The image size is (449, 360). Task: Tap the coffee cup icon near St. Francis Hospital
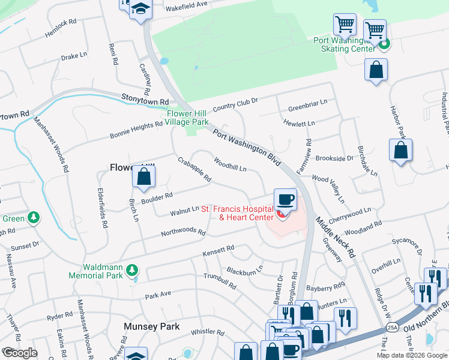tap(285, 199)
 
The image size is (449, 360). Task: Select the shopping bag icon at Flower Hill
tap(143, 177)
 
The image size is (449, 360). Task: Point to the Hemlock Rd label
tap(61, 29)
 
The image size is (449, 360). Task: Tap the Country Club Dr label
tap(235, 105)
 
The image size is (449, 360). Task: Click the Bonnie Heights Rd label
tap(136, 130)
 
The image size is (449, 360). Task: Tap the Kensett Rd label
tap(217, 249)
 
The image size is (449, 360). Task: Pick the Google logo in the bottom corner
tap(19, 353)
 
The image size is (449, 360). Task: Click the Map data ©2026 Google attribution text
tap(412, 355)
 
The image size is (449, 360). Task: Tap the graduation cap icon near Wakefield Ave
tap(141, 10)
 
